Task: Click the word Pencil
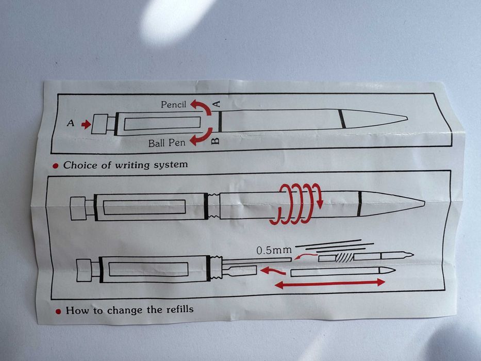pos(174,105)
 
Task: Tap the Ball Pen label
pos(167,143)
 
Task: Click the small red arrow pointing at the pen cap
pos(86,124)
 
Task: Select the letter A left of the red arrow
pos(71,123)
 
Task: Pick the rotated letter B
pos(216,141)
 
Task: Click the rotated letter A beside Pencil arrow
pos(217,104)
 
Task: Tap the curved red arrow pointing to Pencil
pos(203,106)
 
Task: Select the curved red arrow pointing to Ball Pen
pos(203,137)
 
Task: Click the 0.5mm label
pos(274,250)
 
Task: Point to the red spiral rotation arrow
pos(296,204)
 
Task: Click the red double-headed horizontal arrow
pos(330,283)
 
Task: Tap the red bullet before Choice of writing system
pos(56,166)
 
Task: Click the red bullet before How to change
pos(58,311)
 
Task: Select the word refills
pos(180,309)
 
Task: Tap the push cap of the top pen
pos(99,124)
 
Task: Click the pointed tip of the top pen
pos(407,118)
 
